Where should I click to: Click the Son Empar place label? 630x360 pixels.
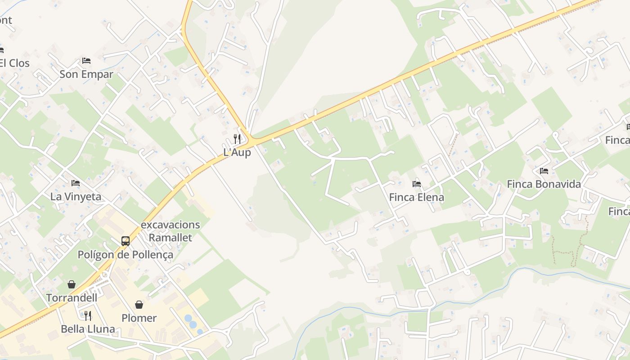(86, 74)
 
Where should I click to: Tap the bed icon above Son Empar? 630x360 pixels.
(86, 60)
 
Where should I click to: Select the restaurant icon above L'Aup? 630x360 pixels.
(237, 139)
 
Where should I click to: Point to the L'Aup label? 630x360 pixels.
(237, 153)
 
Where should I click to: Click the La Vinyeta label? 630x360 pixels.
(76, 197)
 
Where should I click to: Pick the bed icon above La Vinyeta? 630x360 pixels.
(76, 183)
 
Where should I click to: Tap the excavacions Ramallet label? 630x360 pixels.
(171, 231)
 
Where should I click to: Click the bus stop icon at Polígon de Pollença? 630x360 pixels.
(126, 241)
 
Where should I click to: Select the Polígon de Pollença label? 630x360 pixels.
(126, 255)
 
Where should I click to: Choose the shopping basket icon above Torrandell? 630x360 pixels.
(72, 284)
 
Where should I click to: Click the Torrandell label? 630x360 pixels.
(72, 298)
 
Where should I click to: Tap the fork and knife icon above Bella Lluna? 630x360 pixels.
(88, 315)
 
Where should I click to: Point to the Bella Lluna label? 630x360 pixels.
(88, 329)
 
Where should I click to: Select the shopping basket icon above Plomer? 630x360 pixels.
(139, 305)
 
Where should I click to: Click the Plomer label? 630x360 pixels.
(139, 318)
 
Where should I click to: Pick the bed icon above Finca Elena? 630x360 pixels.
(417, 184)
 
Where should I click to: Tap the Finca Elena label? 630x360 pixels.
(417, 197)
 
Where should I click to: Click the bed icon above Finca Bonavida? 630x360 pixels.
(544, 171)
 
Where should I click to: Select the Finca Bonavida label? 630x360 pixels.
(544, 184)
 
